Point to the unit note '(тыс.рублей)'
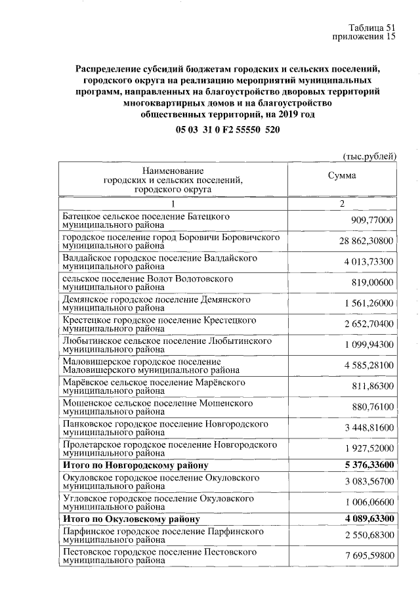[370, 156]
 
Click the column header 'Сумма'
[342, 176]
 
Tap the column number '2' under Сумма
[342, 203]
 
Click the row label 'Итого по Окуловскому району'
[131, 519]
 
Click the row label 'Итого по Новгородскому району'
[135, 465]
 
